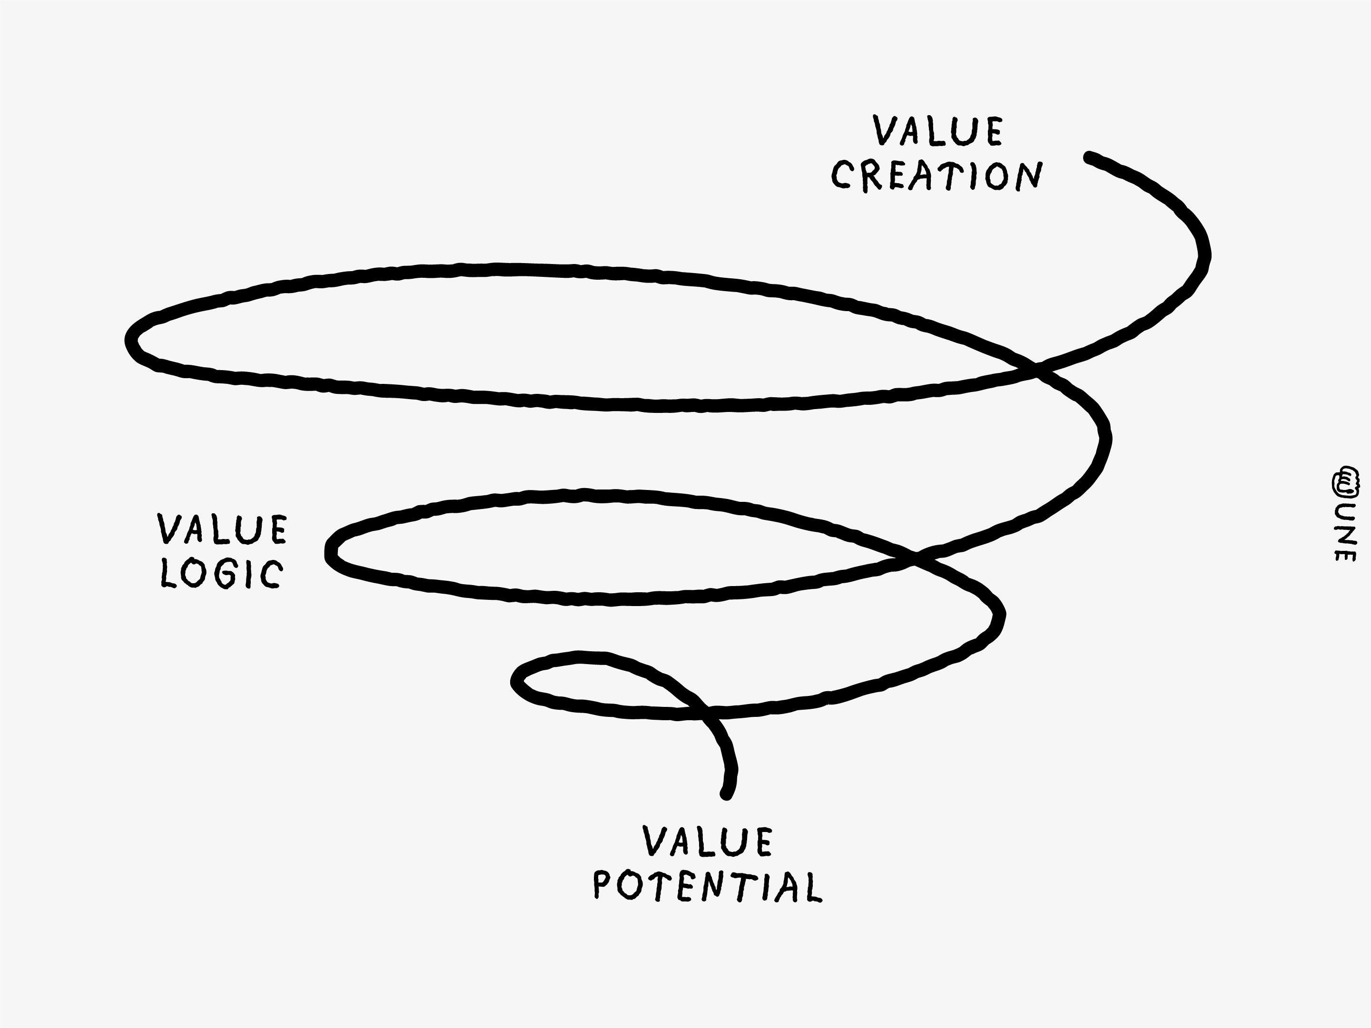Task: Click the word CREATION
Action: (x=937, y=176)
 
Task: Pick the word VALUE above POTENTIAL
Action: (x=708, y=841)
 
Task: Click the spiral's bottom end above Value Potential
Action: (x=726, y=794)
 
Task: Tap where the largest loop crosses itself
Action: (x=1034, y=370)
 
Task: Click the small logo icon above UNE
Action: (x=1345, y=481)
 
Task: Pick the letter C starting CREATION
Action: (x=841, y=176)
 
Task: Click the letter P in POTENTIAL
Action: (x=602, y=886)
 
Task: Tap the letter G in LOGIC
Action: (x=227, y=574)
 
